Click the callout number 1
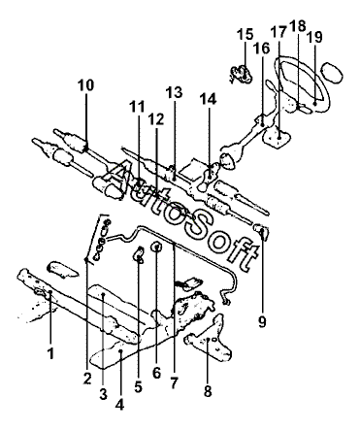click(x=50, y=353)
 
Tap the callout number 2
click(x=87, y=379)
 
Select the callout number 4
click(x=119, y=404)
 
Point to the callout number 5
click(x=138, y=386)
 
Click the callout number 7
click(x=174, y=382)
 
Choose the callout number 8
click(x=208, y=390)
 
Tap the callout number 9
click(x=262, y=321)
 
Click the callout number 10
click(x=85, y=85)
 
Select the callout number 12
click(x=156, y=119)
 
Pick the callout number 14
click(x=208, y=99)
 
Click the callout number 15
click(x=245, y=34)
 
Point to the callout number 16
click(x=261, y=49)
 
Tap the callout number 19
click(x=314, y=37)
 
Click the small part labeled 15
click(x=242, y=75)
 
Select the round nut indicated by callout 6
click(x=157, y=248)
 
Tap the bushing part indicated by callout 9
click(x=261, y=232)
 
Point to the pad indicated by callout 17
click(x=277, y=137)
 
